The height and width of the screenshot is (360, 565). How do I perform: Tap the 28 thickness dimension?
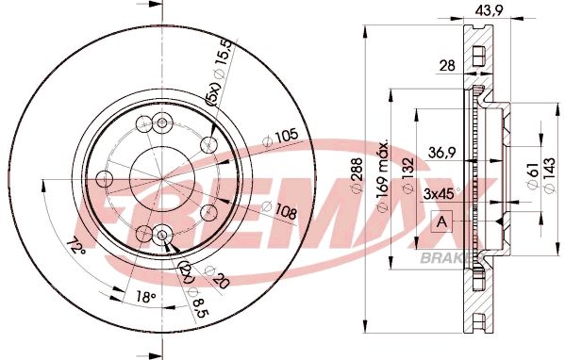447,66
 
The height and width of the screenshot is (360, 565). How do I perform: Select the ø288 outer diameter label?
357,175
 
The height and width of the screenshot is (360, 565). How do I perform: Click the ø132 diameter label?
408,175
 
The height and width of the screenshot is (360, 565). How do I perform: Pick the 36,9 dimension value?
442,153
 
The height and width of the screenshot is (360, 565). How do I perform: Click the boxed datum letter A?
441,222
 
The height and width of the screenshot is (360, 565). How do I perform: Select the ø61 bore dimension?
533,174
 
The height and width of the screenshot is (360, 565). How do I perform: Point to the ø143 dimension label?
549,175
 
